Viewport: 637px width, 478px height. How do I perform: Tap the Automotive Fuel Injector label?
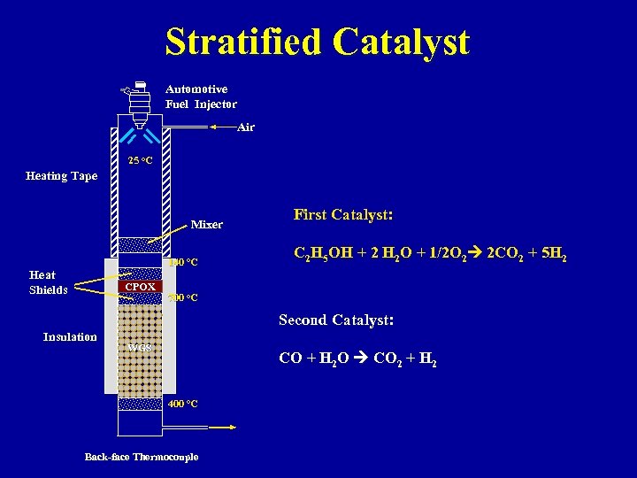tap(201, 96)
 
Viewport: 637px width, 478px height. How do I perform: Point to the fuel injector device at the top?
tap(139, 102)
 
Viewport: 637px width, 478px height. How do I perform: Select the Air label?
tap(246, 127)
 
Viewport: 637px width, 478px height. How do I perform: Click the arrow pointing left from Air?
tap(222, 127)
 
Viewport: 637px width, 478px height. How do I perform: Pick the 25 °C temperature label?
tap(140, 160)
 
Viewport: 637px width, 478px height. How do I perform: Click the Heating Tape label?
tap(61, 176)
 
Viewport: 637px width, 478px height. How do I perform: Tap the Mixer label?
tap(206, 224)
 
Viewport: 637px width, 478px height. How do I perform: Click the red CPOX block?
tap(140, 287)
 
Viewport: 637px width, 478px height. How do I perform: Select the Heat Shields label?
tap(48, 282)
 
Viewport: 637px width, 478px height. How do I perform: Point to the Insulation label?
tap(70, 336)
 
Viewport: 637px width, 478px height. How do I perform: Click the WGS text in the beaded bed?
tap(140, 347)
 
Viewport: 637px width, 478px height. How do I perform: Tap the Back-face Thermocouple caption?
tap(142, 457)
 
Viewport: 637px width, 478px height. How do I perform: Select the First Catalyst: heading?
tap(343, 215)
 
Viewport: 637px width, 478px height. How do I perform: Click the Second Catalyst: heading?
tap(336, 320)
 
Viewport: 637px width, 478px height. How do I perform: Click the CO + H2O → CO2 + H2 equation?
tap(357, 359)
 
